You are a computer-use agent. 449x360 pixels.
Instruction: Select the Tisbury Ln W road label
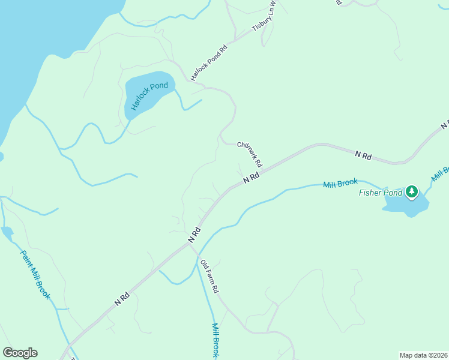264,17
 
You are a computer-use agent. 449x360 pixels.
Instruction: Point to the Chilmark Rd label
250,154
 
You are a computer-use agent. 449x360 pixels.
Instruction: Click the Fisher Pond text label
381,193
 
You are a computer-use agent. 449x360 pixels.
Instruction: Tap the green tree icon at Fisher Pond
411,192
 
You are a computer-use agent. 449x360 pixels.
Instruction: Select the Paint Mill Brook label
35,275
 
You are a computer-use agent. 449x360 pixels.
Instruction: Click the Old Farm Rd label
209,276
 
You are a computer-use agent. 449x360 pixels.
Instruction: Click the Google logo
20,353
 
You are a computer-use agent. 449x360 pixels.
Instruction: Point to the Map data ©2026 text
423,355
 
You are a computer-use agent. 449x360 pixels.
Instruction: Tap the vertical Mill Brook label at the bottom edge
215,340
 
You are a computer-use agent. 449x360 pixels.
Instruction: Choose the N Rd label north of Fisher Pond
363,155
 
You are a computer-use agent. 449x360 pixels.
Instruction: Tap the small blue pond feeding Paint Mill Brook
7,231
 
